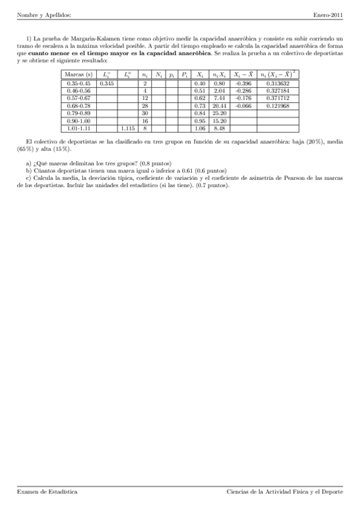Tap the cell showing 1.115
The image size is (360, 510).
(x=127, y=128)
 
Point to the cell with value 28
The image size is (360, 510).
(x=145, y=105)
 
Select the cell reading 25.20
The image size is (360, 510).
(x=219, y=113)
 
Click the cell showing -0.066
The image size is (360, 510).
(x=243, y=105)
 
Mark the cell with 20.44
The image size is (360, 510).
(x=219, y=105)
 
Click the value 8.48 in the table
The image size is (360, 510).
(x=219, y=128)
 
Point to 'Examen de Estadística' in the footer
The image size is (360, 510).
(x=47, y=491)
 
